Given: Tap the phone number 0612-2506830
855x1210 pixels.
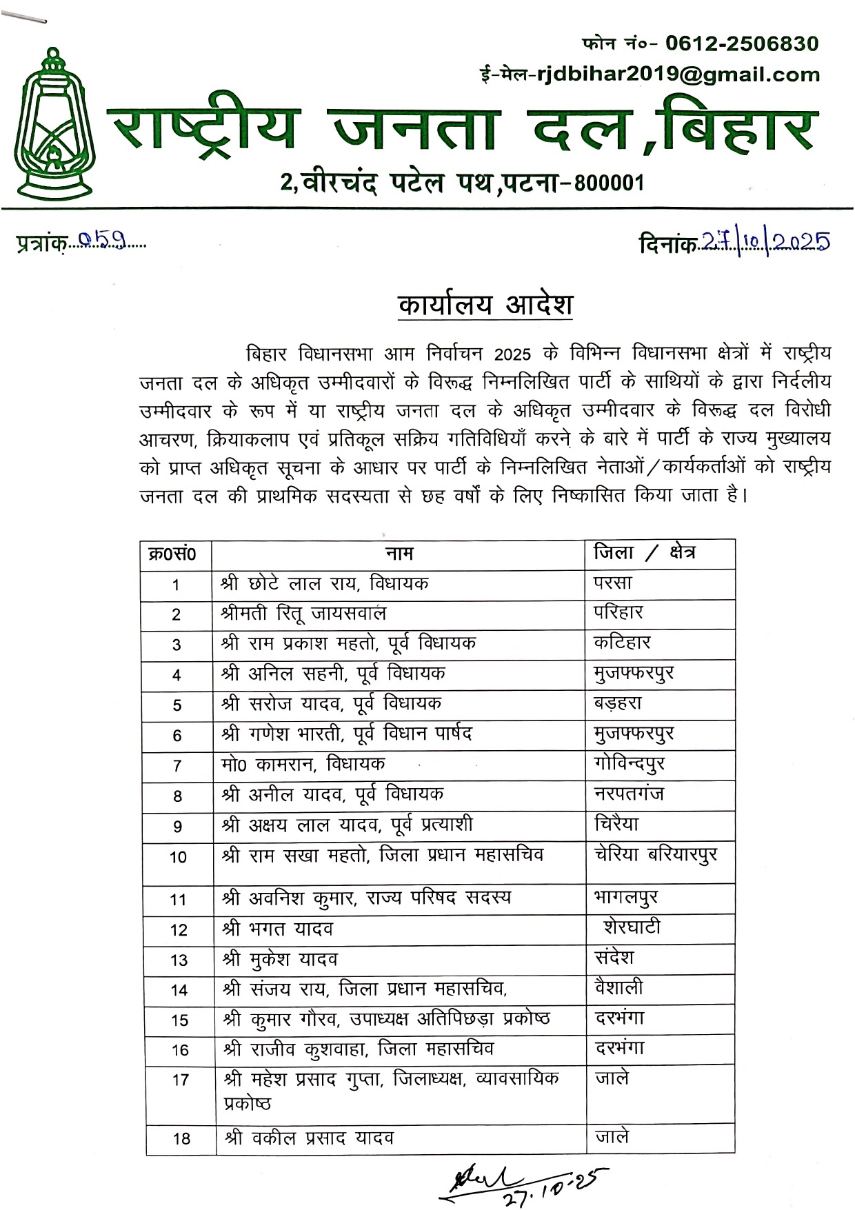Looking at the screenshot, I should coord(742,44).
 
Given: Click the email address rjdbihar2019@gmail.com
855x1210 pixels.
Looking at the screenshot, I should coord(678,75).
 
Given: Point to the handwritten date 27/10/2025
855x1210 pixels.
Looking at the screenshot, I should coord(765,241).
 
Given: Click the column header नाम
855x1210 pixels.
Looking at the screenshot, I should coord(399,554).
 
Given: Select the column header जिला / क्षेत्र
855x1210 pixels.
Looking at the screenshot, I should coord(644,553).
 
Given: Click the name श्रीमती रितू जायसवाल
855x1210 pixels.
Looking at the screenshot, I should coord(303,614).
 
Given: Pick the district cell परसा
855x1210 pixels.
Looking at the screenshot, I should coord(613,583).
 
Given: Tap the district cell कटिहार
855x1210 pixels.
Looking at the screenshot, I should coord(622,643).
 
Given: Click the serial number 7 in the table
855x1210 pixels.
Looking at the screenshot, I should coord(177,766).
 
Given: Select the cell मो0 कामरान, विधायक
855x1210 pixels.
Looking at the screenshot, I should coord(303,764).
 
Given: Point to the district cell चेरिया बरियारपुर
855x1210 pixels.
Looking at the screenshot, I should coord(656,855).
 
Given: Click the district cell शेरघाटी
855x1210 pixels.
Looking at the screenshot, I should coord(632,927).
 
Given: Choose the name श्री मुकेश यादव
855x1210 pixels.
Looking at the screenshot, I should coord(280,959).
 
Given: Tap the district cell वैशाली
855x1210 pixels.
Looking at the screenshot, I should coord(619,988).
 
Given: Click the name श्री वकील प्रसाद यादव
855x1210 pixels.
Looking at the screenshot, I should coord(308,1138).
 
